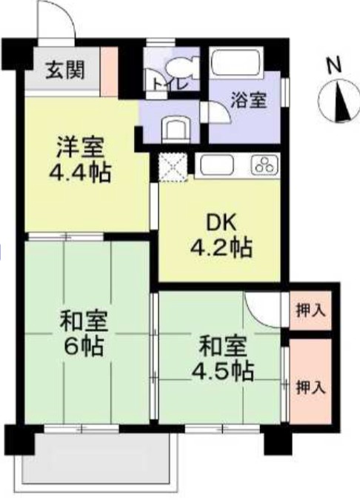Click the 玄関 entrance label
(x=65, y=70)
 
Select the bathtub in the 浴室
(x=237, y=61)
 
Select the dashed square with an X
(x=173, y=167)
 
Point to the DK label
(x=222, y=223)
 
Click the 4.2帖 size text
(x=221, y=247)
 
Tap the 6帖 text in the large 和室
(x=84, y=347)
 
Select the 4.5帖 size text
(x=223, y=371)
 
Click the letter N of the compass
(x=334, y=65)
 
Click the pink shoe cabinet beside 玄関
(x=110, y=72)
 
